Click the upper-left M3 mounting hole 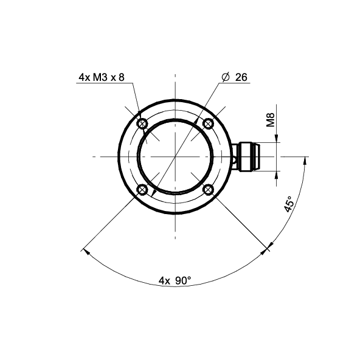(142, 124)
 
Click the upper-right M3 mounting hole (208, 124)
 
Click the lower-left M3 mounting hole (142, 190)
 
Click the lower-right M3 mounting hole (208, 190)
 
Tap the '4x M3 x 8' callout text (102, 77)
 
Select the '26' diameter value (241, 77)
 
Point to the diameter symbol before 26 (226, 77)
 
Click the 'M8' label (271, 120)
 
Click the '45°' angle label (289, 204)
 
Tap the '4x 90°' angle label (175, 280)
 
